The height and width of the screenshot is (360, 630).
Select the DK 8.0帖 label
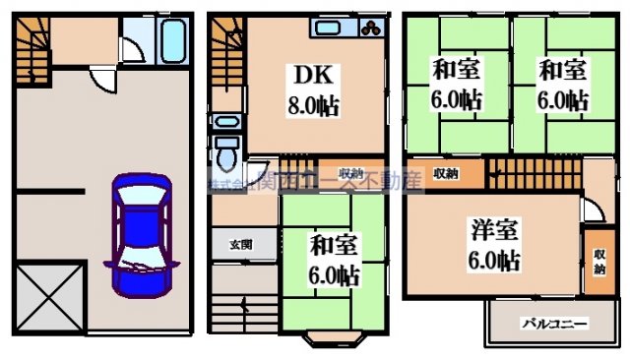[x=314, y=90]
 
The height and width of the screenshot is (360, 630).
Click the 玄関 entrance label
[x=241, y=244]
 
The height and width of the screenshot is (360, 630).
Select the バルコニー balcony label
[x=554, y=323]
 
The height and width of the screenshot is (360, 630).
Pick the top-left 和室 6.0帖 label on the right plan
[x=456, y=85]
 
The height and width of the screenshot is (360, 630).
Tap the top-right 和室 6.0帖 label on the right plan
[x=562, y=85]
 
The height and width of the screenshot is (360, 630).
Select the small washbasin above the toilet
[x=225, y=123]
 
